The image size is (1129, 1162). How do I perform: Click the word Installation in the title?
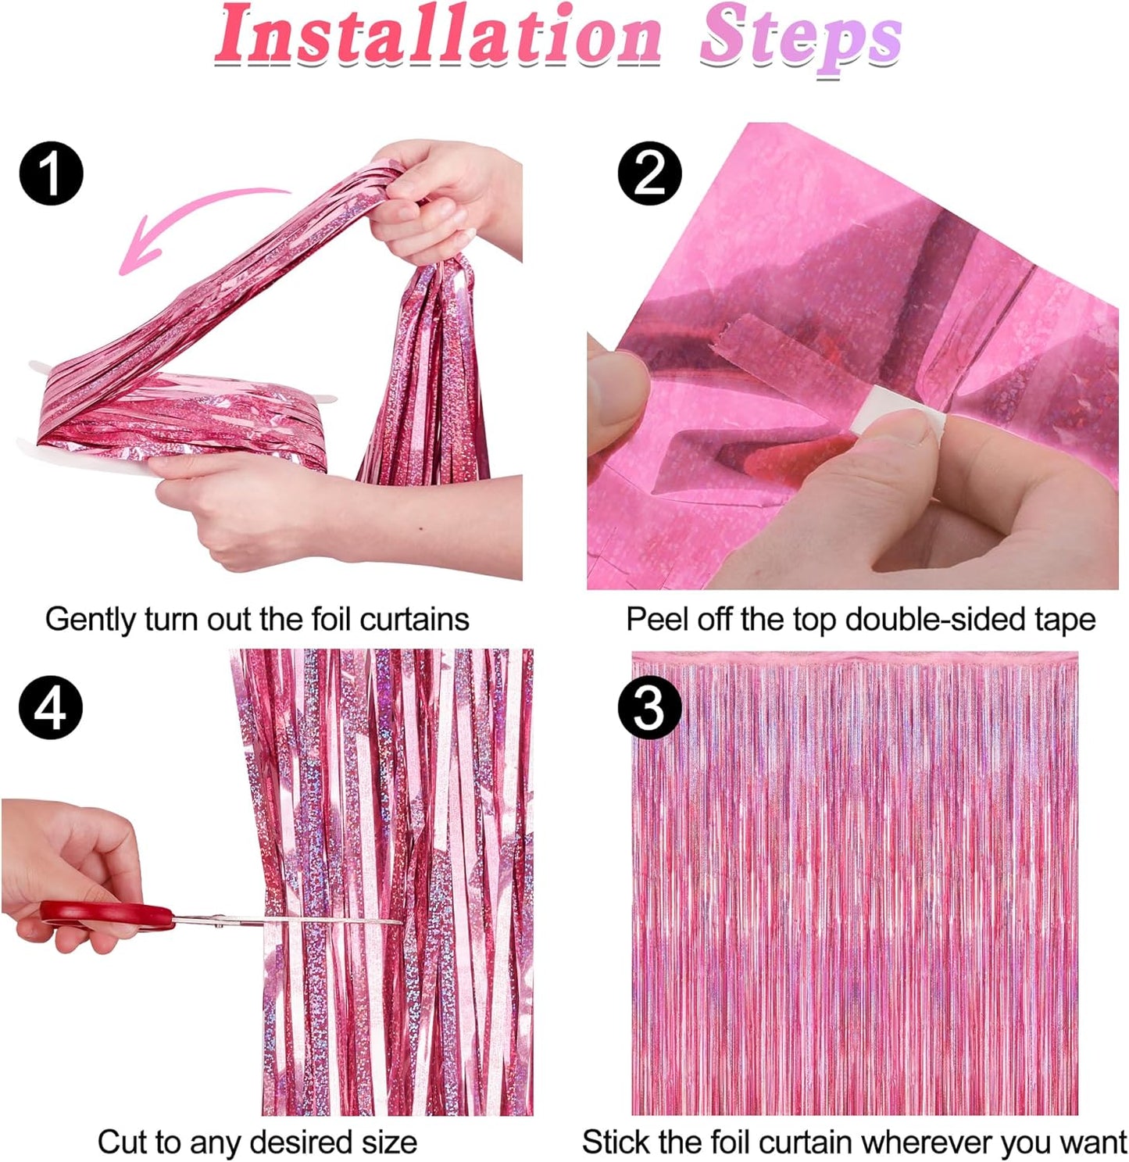pos(438,38)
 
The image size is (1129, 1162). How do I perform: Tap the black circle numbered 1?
pos(51,173)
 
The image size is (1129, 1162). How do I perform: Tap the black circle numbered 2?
pos(649,173)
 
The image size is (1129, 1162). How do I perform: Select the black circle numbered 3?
pos(649,709)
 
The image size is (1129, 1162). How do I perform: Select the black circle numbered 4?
pos(51,709)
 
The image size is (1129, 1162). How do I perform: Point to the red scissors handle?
pos(109,915)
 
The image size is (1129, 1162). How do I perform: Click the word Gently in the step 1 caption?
pos(91,620)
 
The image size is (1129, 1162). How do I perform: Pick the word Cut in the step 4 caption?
pos(122,1142)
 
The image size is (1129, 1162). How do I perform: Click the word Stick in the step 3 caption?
pos(617,1142)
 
